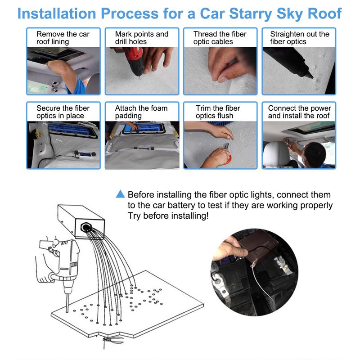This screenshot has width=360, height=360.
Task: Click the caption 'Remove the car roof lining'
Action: pos(63,38)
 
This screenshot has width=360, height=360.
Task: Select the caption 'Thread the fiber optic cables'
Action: pos(220,38)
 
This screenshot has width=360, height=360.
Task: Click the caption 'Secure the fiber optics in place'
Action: pos(63,112)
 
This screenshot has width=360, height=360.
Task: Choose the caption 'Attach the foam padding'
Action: pos(141,112)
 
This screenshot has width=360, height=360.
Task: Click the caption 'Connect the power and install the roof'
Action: pos(299,112)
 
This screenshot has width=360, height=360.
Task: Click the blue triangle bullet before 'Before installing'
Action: pos(120,194)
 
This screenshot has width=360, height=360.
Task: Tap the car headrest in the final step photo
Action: pos(279,153)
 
